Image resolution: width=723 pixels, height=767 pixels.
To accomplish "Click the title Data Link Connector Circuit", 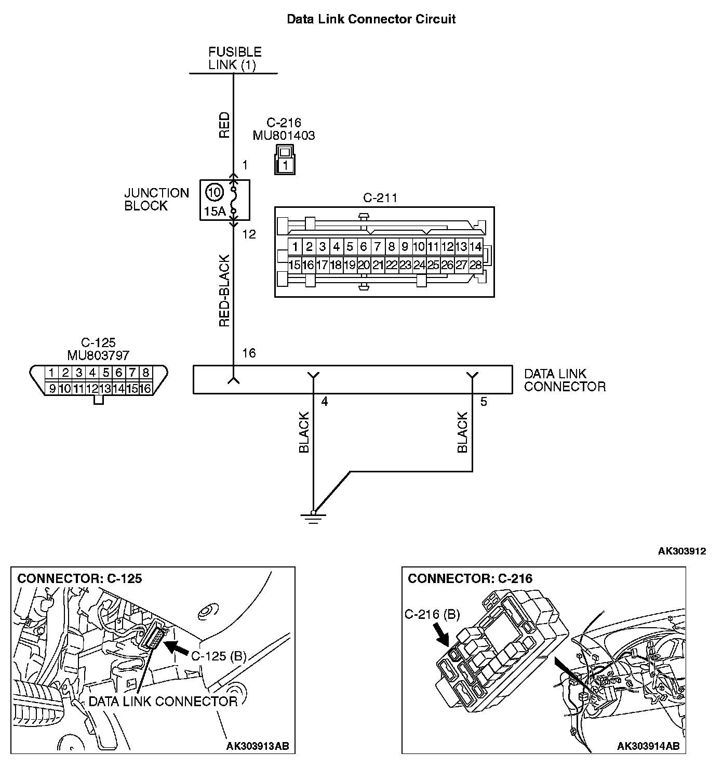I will point(371,19).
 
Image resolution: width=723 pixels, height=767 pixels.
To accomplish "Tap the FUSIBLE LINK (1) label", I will point(235,58).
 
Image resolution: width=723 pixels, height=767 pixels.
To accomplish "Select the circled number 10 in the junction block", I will point(213,192).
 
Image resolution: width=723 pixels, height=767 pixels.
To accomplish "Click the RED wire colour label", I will point(224,125).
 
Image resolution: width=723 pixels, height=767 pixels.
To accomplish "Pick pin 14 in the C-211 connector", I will point(475,246).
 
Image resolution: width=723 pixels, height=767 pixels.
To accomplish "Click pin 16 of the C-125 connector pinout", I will point(145,388).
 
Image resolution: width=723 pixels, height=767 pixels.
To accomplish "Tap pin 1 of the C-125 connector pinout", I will point(51,373).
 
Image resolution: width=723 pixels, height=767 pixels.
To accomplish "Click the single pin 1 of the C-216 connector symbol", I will point(284,166).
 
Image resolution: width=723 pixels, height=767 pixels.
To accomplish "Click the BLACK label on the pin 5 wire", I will point(462,432).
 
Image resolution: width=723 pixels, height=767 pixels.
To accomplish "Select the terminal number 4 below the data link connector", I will point(325,402).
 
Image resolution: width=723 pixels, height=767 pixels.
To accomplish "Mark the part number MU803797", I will point(98,355).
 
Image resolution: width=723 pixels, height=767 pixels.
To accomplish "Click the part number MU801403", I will point(284,136).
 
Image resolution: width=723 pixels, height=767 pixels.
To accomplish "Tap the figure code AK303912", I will point(681,551).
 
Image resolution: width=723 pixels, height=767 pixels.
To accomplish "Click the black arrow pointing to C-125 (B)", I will point(177,648).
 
